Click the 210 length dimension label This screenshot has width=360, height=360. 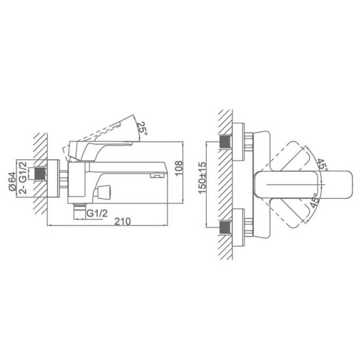pos(123,221)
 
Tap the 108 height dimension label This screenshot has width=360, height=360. pos(179,168)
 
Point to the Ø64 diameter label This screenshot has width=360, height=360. pos(12,181)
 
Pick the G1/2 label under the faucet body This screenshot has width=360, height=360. pos(97,213)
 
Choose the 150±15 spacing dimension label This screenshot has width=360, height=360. pos(202,178)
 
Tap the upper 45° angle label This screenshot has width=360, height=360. pos(322,164)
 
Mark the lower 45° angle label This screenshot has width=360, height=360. pos(314,201)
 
